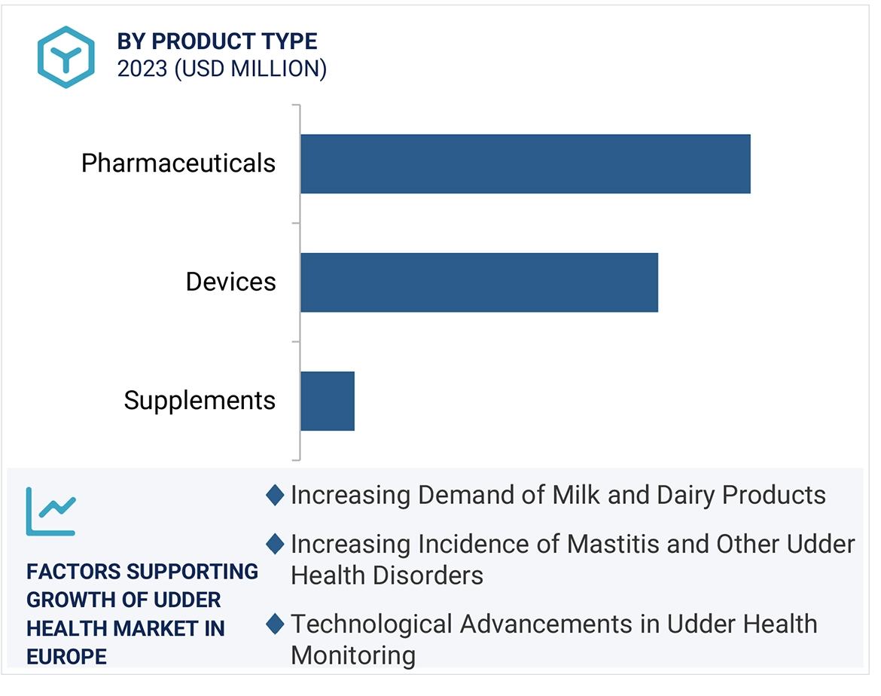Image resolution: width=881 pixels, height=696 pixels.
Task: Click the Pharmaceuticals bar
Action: (x=525, y=163)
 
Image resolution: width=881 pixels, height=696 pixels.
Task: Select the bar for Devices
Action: (x=479, y=282)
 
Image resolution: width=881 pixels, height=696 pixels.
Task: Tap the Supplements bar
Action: (x=327, y=400)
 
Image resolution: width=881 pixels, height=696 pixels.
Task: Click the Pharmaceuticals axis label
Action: (x=178, y=163)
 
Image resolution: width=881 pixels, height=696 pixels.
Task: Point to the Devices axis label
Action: (x=230, y=282)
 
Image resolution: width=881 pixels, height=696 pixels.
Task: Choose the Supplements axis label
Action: (x=200, y=400)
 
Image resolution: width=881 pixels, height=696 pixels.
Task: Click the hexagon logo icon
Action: (x=66, y=56)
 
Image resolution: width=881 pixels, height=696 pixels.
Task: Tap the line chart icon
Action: (x=50, y=511)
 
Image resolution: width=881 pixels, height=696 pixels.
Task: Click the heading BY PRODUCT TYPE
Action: (x=217, y=41)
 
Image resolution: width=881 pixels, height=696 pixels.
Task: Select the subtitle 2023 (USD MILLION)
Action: (x=221, y=69)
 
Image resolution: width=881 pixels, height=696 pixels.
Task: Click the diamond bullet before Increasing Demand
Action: (x=275, y=495)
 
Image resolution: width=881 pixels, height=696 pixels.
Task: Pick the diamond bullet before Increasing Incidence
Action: (x=275, y=543)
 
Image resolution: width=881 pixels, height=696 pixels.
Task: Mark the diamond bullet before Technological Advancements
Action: (x=275, y=624)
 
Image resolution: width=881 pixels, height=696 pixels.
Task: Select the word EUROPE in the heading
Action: (x=66, y=656)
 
